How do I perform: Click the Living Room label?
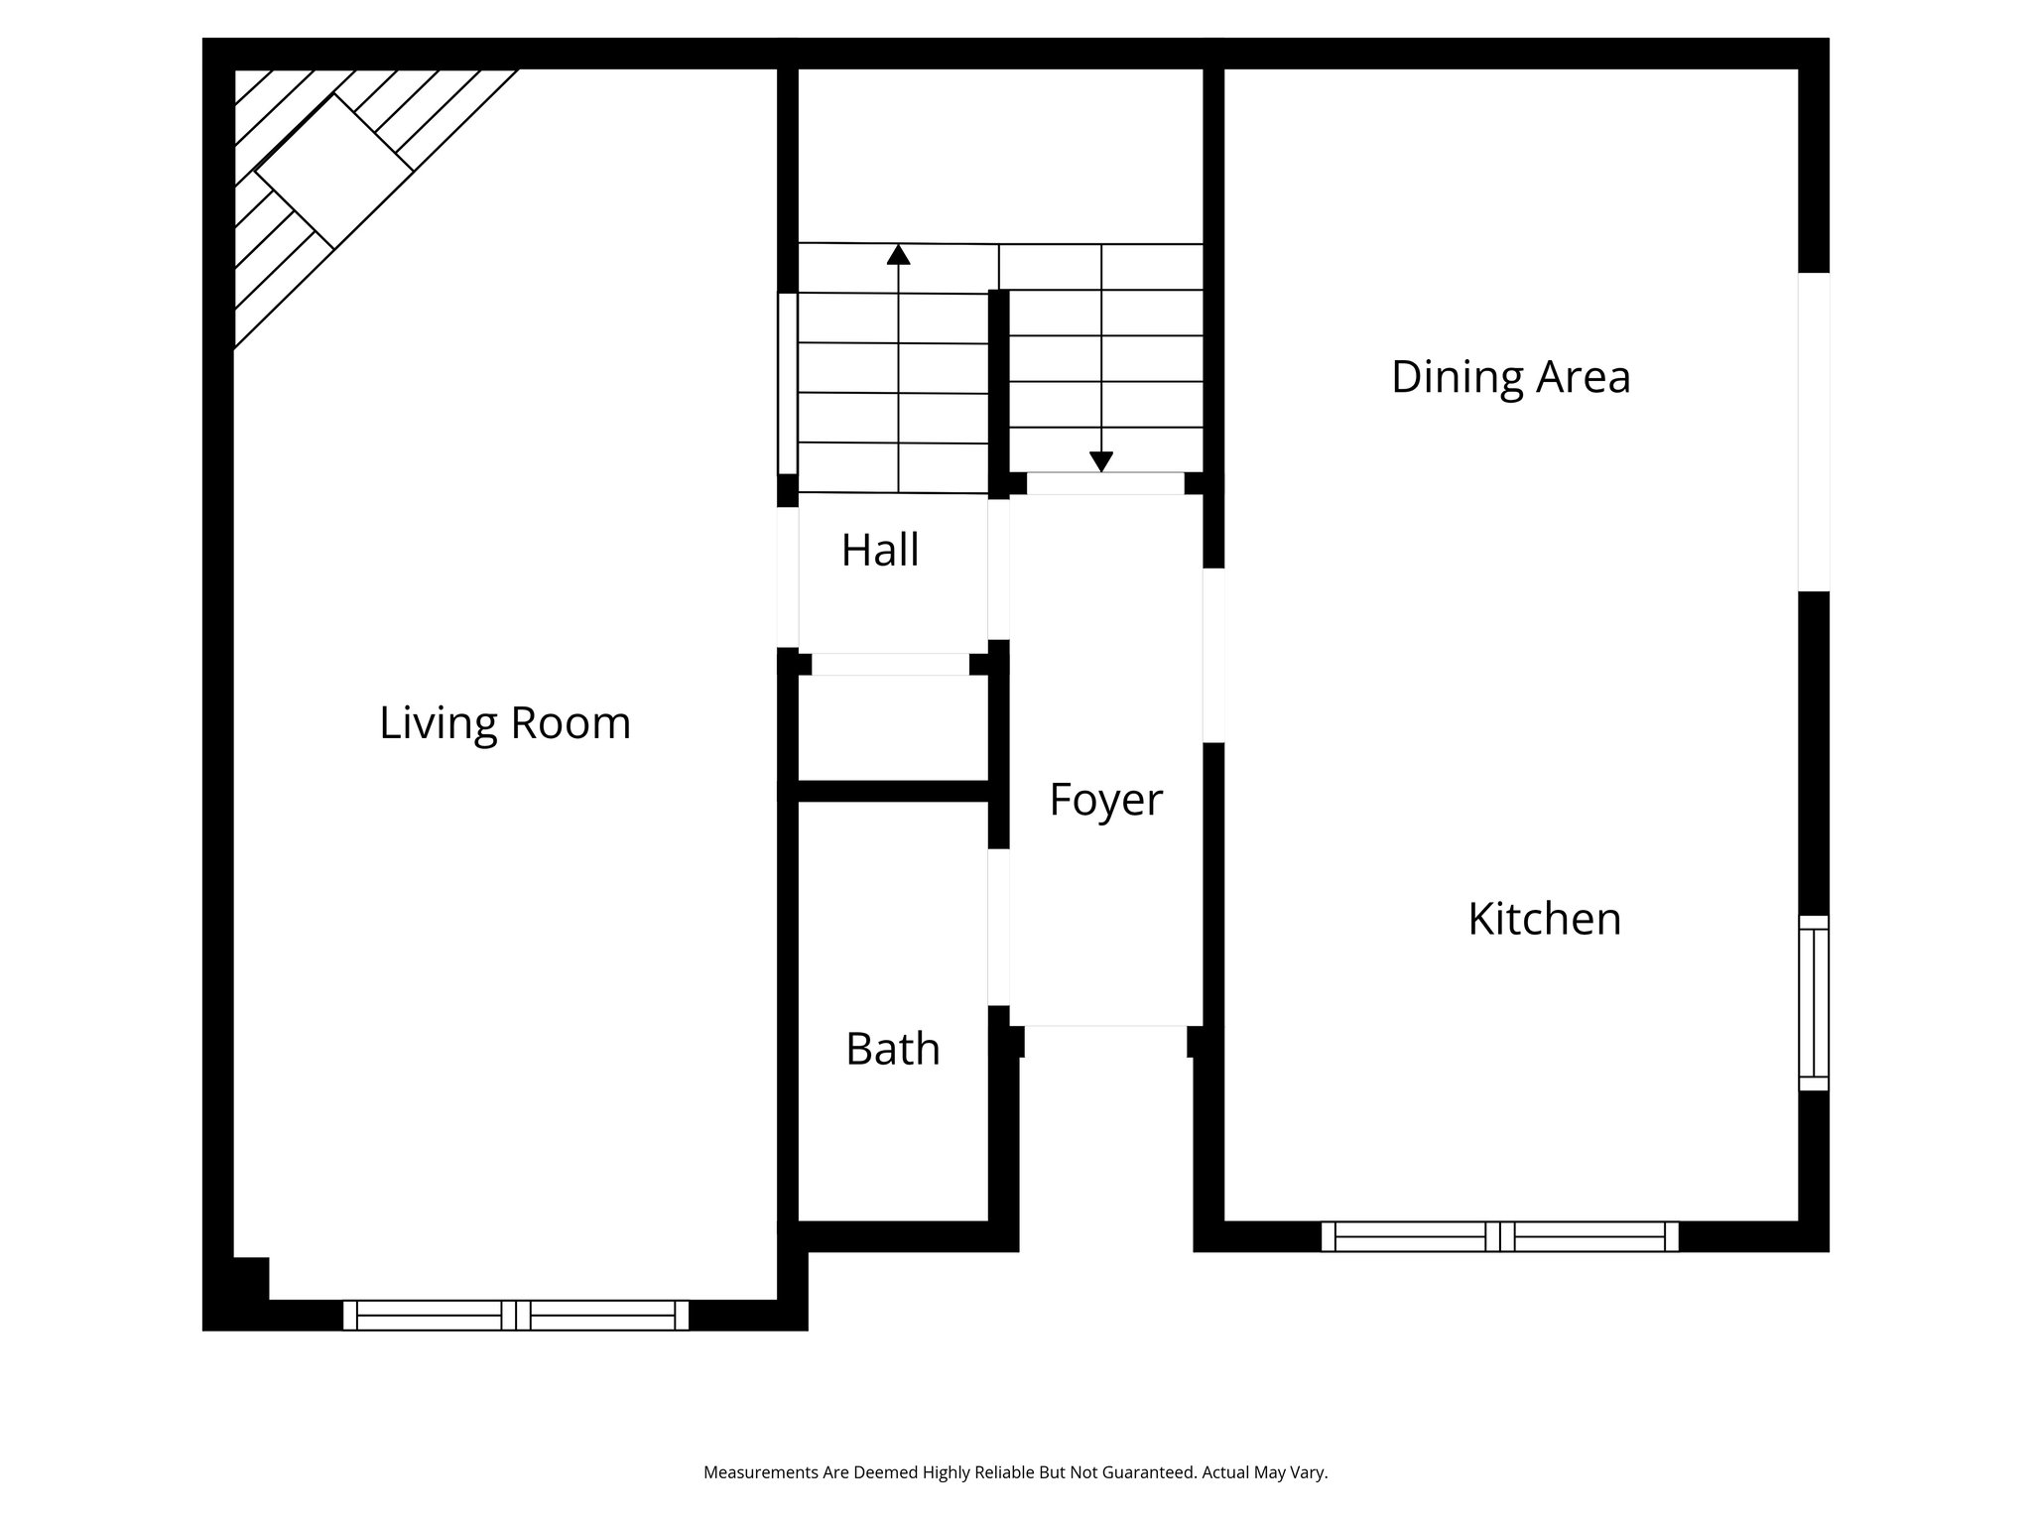505,723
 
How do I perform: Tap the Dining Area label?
1510,378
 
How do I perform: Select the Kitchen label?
1544,919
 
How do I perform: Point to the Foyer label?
1105,800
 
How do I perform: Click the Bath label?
892,1049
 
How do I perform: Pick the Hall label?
880,551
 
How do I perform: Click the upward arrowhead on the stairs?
898,255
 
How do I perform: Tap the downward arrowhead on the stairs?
1100,461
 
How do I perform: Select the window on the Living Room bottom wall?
515,1315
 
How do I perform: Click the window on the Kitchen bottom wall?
1499,1236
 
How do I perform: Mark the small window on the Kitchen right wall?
1813,1002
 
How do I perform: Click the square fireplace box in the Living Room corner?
334,171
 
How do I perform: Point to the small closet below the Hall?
892,729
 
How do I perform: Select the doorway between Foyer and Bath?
998,927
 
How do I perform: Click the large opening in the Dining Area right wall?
1813,432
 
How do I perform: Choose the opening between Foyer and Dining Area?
1212,655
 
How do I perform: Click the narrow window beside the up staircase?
787,383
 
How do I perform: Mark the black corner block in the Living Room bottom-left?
249,1278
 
